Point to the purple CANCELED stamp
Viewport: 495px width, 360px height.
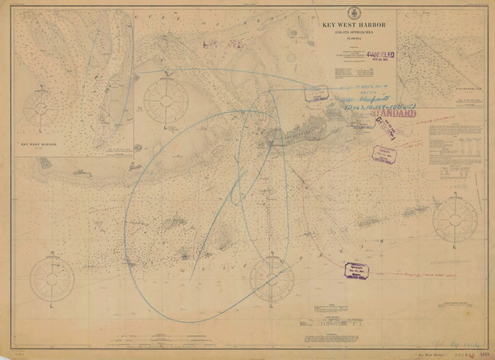(x=379, y=58)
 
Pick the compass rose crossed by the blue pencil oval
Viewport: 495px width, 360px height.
(x=272, y=279)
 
